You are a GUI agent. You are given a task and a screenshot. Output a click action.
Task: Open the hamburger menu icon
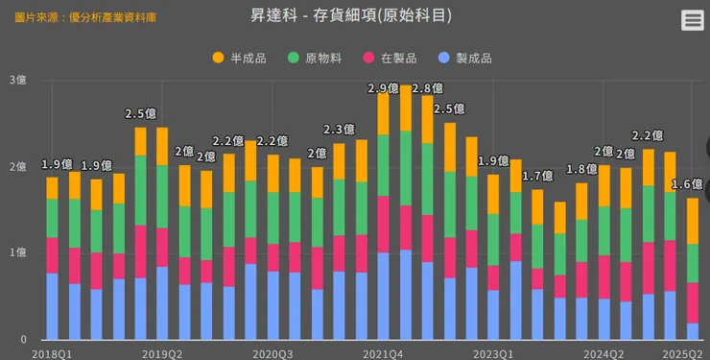pyautogui.click(x=692, y=20)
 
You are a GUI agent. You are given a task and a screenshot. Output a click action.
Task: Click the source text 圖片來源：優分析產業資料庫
pyautogui.click(x=87, y=17)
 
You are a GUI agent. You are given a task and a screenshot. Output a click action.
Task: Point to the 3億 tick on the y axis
pyautogui.click(x=17, y=80)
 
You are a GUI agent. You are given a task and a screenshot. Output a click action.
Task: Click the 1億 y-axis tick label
pyautogui.click(x=17, y=252)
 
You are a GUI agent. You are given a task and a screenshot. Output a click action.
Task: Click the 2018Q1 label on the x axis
pyautogui.click(x=52, y=352)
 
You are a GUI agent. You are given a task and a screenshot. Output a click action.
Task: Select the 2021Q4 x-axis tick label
pyautogui.click(x=383, y=352)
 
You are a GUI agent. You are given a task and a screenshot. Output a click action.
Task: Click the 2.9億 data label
pyautogui.click(x=384, y=88)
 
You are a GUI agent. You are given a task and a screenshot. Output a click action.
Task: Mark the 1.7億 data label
pyautogui.click(x=538, y=176)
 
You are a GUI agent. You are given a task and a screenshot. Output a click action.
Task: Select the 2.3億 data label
pyautogui.click(x=340, y=130)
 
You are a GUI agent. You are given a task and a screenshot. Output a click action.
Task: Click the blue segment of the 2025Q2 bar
pyautogui.click(x=693, y=331)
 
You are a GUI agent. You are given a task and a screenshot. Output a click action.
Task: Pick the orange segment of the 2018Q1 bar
pyautogui.click(x=52, y=188)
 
